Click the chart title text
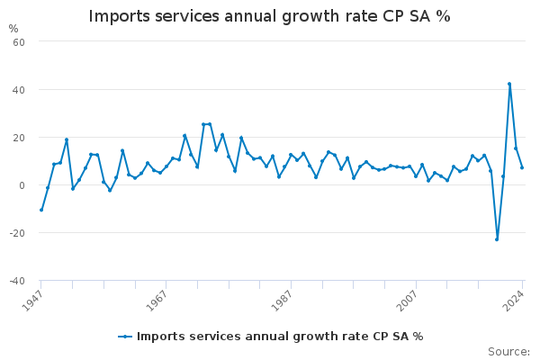click(269, 16)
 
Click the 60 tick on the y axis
click(19, 42)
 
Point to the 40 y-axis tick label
click(19, 90)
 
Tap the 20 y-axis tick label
click(19, 138)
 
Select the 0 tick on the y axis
click(22, 185)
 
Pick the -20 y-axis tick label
click(17, 233)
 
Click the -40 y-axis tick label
click(17, 281)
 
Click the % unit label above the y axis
click(13, 29)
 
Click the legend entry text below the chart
click(280, 337)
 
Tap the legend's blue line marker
click(125, 337)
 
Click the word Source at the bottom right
click(508, 352)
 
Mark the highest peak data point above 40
click(509, 84)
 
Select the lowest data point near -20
click(497, 239)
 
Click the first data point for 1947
click(41, 210)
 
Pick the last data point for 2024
click(522, 167)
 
